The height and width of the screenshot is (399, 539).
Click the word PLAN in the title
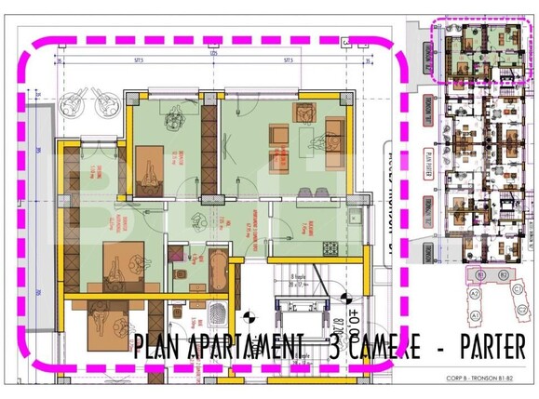tap(159, 348)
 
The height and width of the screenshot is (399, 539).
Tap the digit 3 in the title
tap(335, 348)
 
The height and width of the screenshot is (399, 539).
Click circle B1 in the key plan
tap(480, 275)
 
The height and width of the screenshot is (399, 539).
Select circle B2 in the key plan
tap(503, 275)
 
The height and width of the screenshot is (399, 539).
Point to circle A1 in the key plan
tap(475, 316)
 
